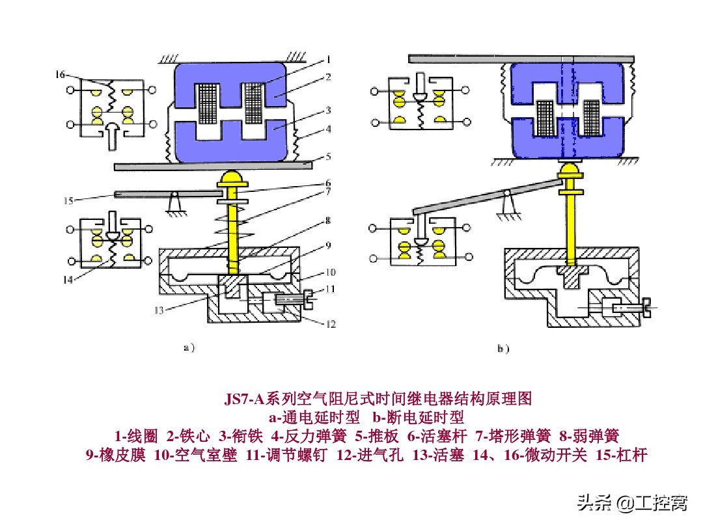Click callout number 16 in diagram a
[x=60, y=75]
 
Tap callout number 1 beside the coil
[x=330, y=62]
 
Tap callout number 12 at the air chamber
[x=331, y=323]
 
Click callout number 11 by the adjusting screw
[x=331, y=289]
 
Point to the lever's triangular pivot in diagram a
[x=174, y=202]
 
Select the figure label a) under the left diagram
[x=188, y=348]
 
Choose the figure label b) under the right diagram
[x=503, y=349]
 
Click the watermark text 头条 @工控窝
[x=632, y=503]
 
